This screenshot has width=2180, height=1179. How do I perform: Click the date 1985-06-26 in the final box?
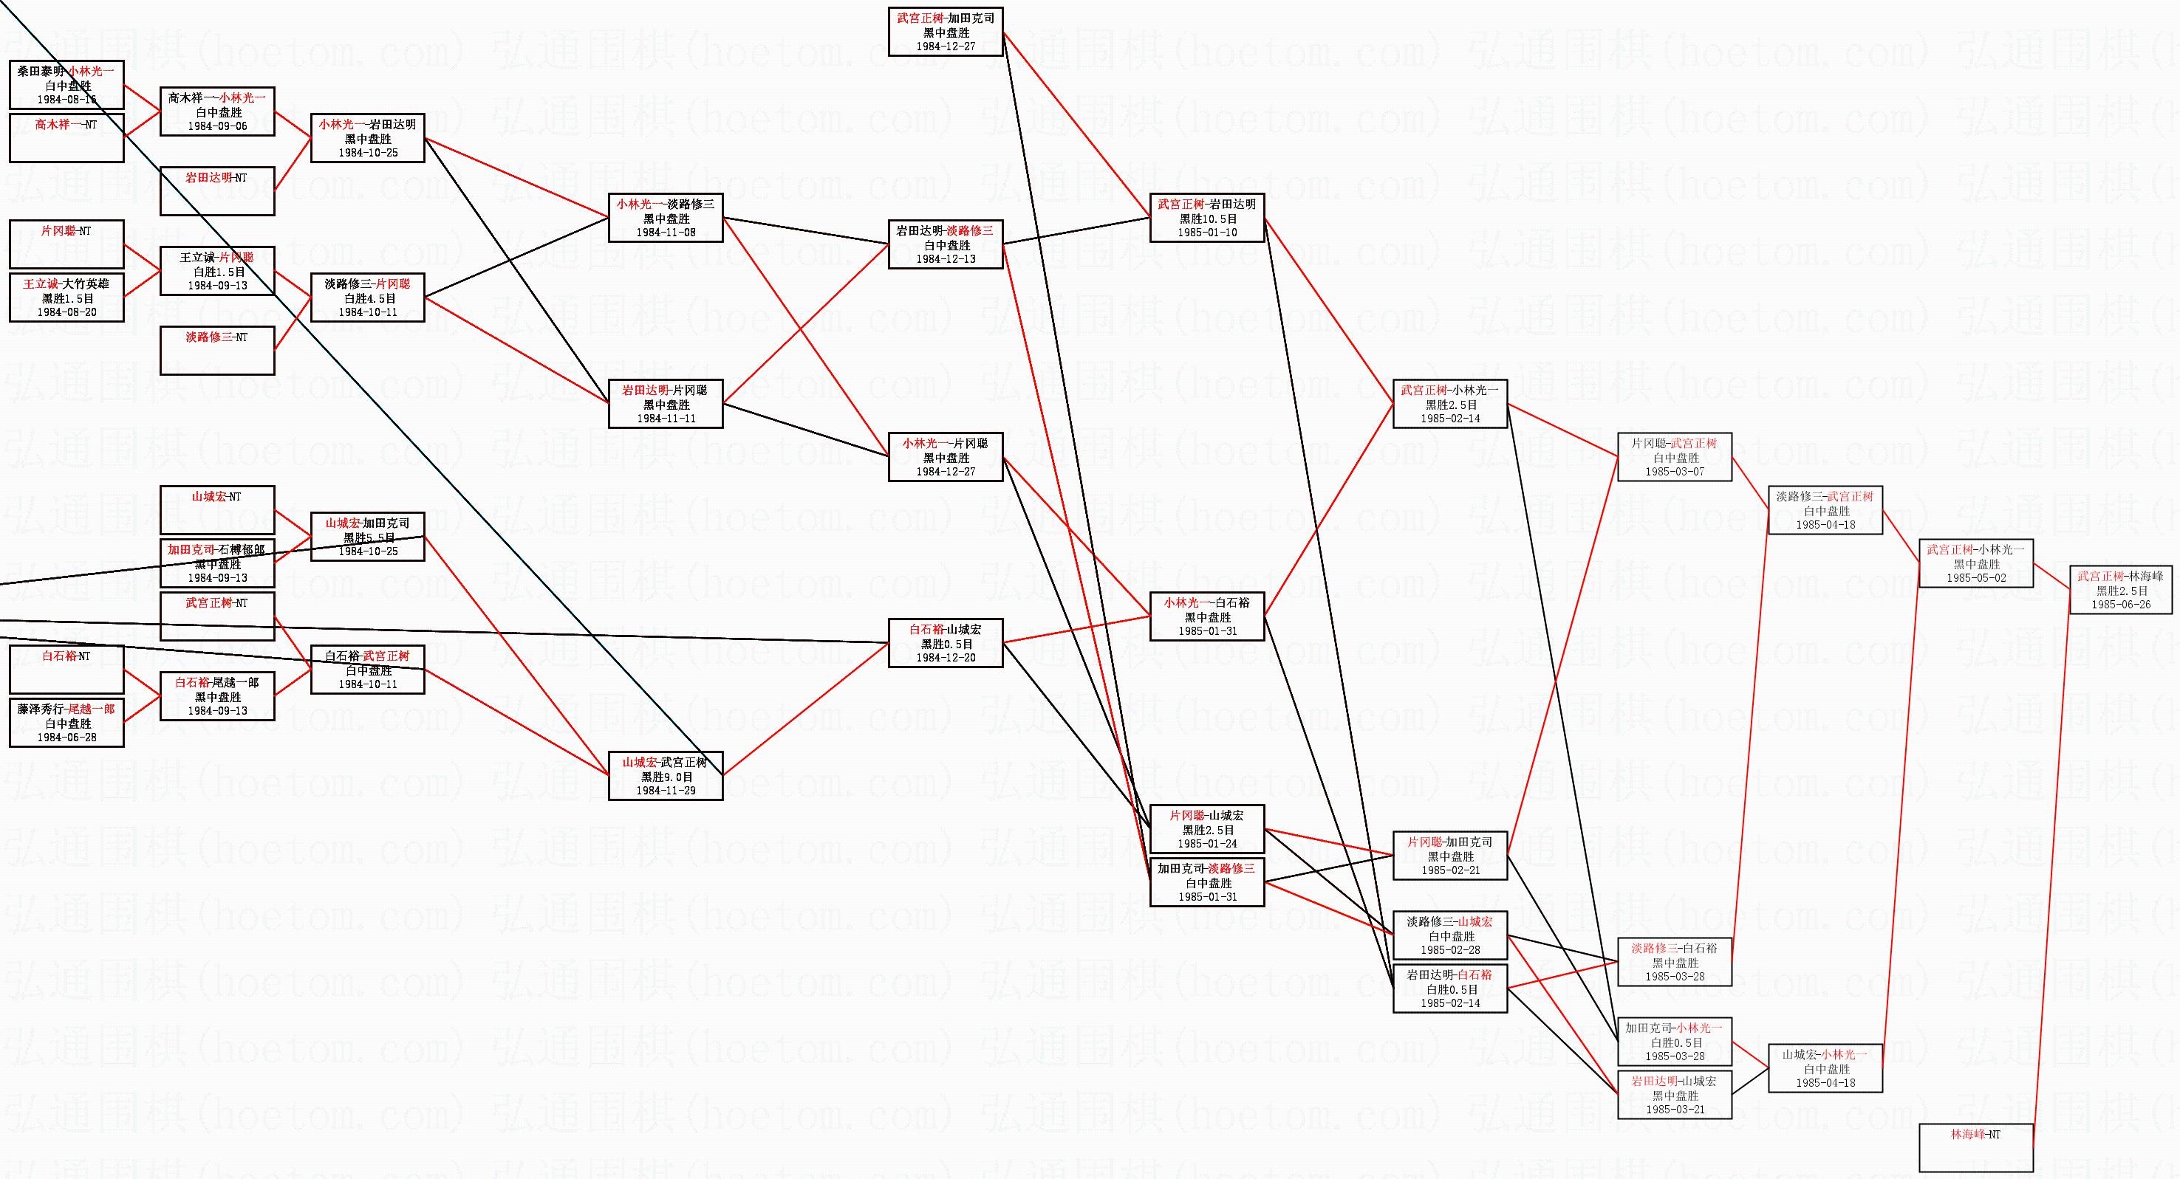click(x=2121, y=605)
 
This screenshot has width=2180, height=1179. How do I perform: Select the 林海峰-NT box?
click(x=1976, y=1147)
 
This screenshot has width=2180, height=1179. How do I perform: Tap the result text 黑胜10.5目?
click(x=1208, y=219)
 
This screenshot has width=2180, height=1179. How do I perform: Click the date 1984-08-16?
click(x=67, y=100)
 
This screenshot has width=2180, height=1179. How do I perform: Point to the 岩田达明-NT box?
click(x=217, y=190)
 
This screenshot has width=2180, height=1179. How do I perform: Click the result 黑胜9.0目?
click(x=666, y=777)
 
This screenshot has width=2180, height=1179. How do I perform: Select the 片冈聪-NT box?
click(x=67, y=244)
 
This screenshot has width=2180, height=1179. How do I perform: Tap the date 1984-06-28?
click(x=67, y=738)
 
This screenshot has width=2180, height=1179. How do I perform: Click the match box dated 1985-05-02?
click(x=1976, y=563)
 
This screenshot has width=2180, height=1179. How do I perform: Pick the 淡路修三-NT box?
click(x=217, y=350)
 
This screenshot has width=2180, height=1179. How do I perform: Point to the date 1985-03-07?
click(x=1675, y=472)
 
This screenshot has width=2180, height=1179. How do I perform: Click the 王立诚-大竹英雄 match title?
click(x=67, y=284)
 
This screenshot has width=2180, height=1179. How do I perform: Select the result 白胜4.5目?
click(x=368, y=298)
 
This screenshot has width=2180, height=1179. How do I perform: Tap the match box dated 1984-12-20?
click(x=946, y=644)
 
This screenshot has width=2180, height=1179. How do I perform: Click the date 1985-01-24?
click(x=1208, y=844)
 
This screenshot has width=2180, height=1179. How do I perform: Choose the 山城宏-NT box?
click(x=217, y=510)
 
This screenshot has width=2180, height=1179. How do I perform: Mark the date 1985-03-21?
click(x=1675, y=1110)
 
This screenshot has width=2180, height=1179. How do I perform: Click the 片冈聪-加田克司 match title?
click(x=1451, y=842)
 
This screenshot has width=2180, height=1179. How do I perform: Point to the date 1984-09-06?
click(x=217, y=126)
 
